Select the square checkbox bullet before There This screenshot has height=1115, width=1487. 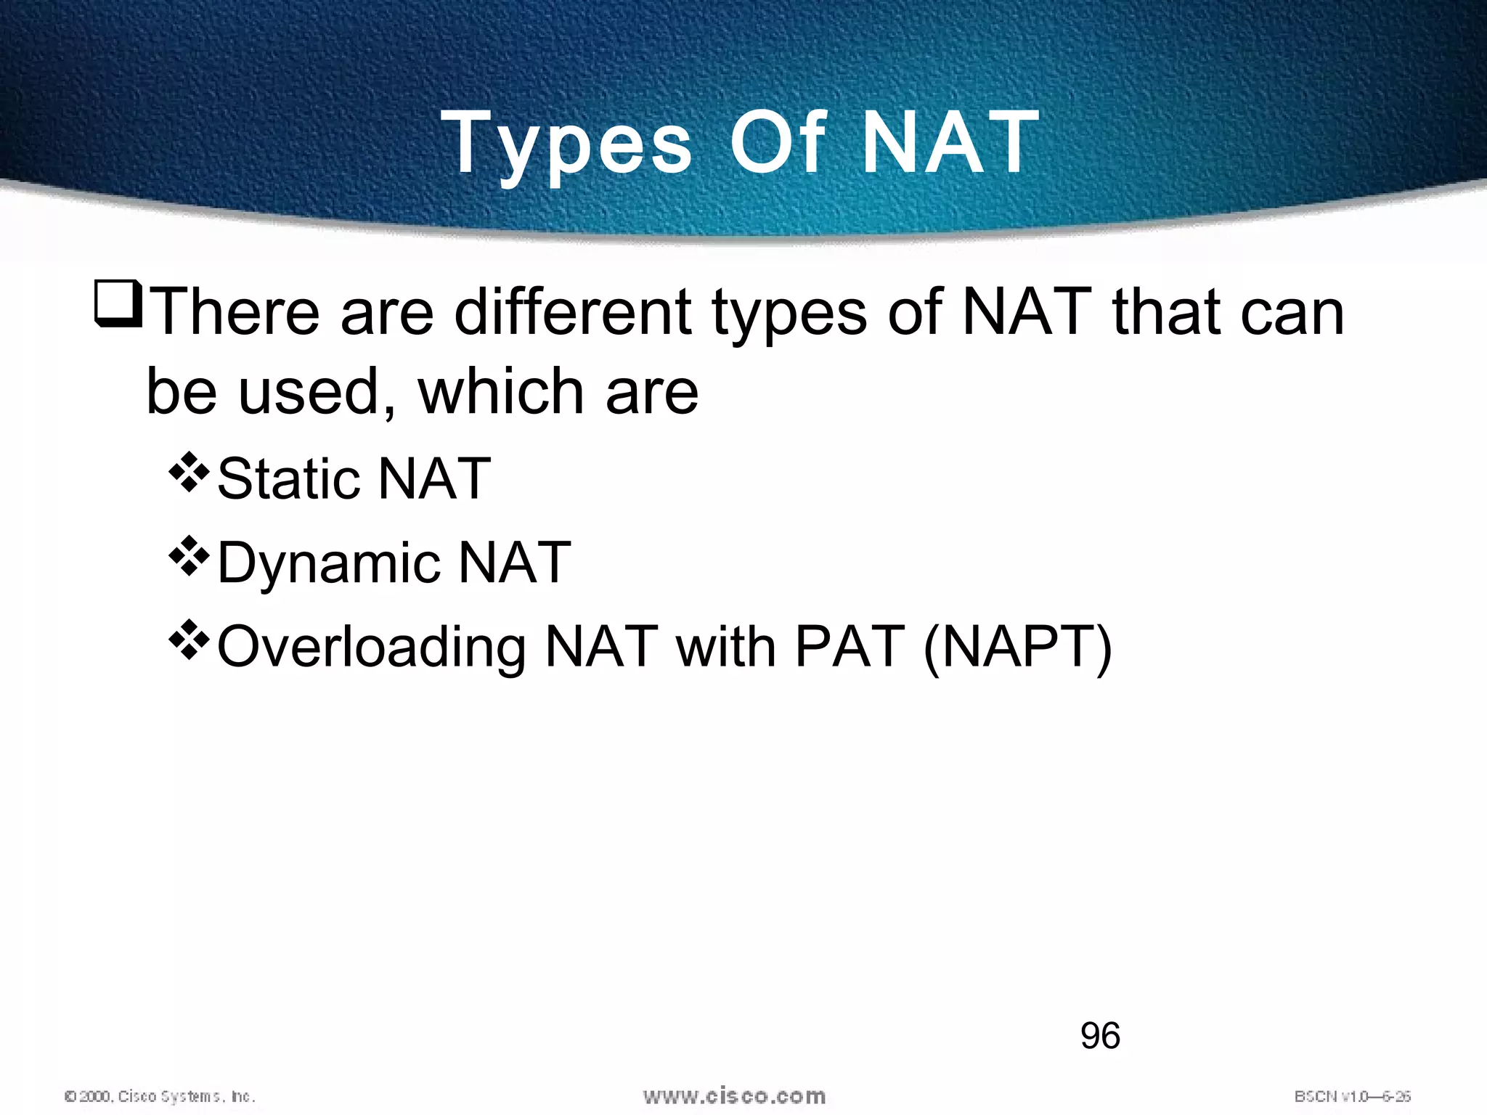118,306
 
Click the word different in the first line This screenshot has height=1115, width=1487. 574,311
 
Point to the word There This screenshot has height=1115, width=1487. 237,311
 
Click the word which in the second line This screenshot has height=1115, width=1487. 500,391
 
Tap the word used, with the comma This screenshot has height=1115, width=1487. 317,391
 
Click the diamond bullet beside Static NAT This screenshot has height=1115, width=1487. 189,473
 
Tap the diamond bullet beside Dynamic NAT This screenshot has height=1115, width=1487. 189,556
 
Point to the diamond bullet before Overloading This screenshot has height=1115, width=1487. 189,640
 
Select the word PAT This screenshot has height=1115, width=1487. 850,646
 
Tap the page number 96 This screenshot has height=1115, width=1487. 1100,1036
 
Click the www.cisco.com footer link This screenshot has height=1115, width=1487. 734,1096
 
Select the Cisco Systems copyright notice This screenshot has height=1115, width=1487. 160,1096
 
